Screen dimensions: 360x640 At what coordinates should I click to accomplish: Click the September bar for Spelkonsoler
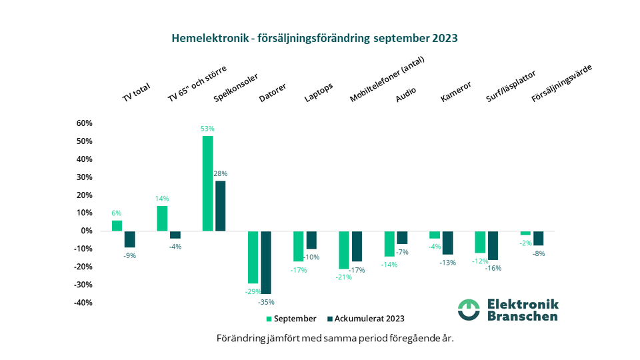[x=207, y=183]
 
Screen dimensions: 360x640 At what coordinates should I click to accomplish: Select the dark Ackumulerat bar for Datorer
[x=266, y=262]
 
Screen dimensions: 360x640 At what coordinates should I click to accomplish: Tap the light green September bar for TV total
[x=117, y=225]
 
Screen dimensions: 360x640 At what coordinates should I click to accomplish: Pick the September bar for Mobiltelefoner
[x=343, y=249]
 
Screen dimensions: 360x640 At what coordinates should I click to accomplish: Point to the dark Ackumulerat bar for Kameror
[x=447, y=242]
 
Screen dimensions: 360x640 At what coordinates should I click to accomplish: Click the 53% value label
[x=207, y=129]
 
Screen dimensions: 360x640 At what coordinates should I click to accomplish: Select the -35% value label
[x=266, y=301]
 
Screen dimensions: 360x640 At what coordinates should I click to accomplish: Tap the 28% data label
[x=221, y=173]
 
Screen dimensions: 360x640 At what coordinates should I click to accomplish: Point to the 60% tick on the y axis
[x=84, y=123]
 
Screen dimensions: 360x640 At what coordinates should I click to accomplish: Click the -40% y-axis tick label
[x=83, y=303]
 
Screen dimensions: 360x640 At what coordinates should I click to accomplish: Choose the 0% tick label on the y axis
[x=87, y=231]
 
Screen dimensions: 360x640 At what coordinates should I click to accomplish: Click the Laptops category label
[x=318, y=93]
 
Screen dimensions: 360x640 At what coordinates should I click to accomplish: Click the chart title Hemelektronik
[x=314, y=38]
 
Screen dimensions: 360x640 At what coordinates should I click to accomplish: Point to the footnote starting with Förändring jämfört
[x=335, y=338]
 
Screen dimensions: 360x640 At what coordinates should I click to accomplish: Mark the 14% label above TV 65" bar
[x=162, y=199]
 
